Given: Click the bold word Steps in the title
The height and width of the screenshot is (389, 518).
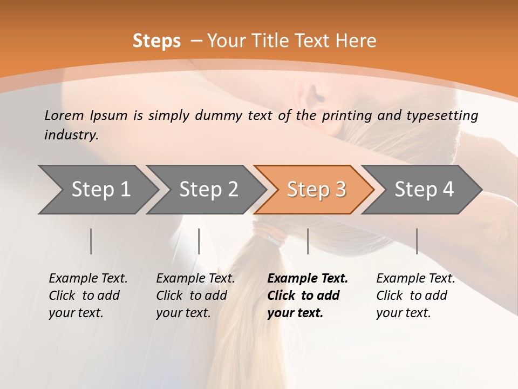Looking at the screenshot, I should point(156,41).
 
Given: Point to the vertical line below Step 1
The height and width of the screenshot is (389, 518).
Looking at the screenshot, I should point(91,241).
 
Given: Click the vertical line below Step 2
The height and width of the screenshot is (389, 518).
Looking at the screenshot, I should point(199,241).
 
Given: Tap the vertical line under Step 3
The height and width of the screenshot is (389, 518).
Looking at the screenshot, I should point(308,241).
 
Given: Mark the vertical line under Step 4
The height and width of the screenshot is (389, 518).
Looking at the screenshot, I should point(417,241).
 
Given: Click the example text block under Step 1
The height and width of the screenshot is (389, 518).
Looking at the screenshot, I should point(88,296).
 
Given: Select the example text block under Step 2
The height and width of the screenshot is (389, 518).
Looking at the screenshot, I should point(195,296).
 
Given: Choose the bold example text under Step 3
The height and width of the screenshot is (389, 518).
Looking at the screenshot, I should point(308,296).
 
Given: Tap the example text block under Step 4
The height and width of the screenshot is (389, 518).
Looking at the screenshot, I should point(415,296).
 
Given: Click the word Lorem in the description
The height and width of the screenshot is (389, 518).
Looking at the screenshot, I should point(64,116).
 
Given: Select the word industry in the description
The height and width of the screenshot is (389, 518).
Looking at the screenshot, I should point(71,135).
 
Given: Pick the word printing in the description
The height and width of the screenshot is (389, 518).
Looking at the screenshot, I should point(346,116).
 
